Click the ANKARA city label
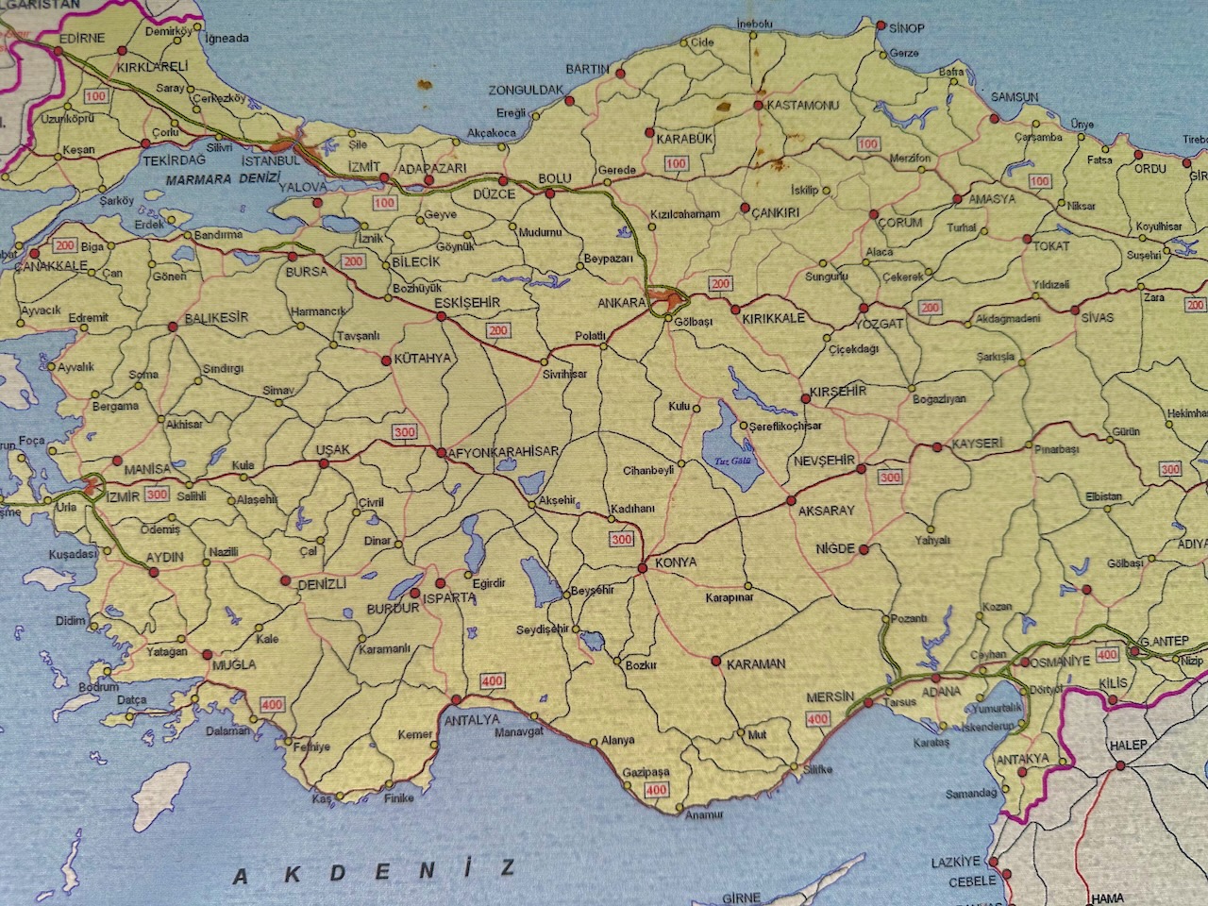point(622,303)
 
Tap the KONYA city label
point(675,562)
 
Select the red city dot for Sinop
point(881,25)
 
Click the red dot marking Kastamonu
point(759,106)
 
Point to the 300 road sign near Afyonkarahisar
point(404,432)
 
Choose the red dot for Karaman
point(716,661)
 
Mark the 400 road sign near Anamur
point(656,790)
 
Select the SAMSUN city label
point(1015,96)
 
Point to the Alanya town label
point(618,741)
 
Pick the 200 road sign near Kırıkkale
point(721,283)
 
